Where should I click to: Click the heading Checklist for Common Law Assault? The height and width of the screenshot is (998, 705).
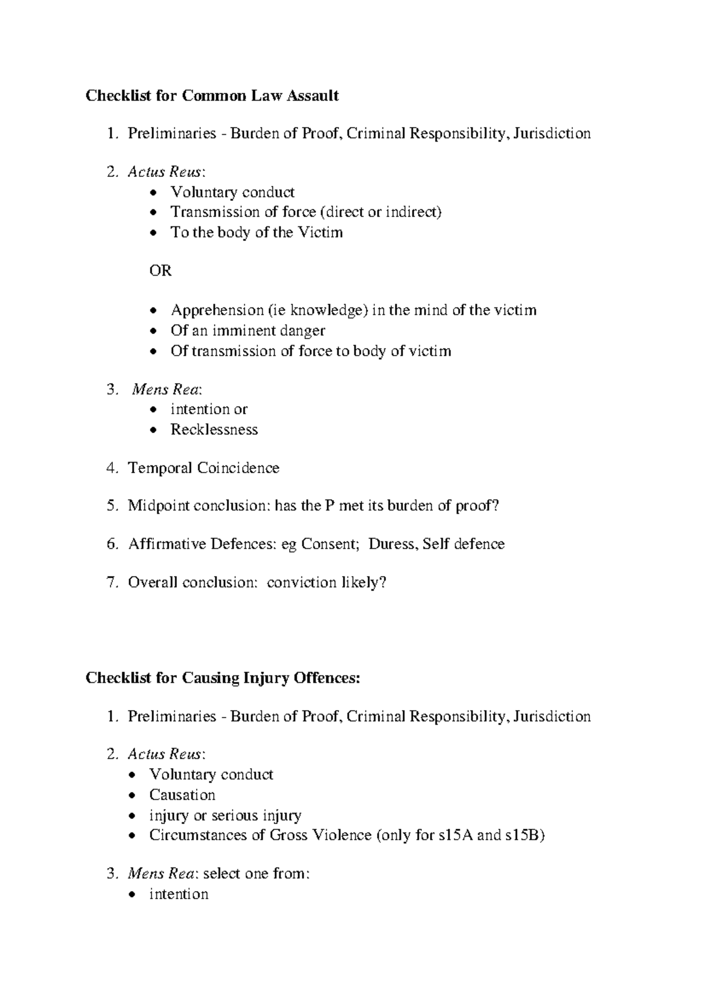pos(212,96)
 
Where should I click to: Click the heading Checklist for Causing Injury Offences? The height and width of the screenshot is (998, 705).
pos(222,678)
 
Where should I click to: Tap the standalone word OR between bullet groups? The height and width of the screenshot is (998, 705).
pos(160,271)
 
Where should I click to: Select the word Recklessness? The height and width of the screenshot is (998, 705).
pos(214,430)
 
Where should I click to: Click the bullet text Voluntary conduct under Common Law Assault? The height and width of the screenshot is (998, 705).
pos(232,192)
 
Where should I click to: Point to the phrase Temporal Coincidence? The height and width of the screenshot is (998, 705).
pos(203,468)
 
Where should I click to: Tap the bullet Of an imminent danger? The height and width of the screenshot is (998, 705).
pos(247,330)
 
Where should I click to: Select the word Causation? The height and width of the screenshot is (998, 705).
pos(182,795)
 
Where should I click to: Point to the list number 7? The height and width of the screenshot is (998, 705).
pos(112,582)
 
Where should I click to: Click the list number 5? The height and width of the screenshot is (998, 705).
pos(112,505)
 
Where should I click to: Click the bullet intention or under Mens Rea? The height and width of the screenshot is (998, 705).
pos(209,409)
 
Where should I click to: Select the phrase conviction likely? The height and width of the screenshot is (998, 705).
pos(327,582)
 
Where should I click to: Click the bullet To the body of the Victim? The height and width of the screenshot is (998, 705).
pos(256,233)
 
